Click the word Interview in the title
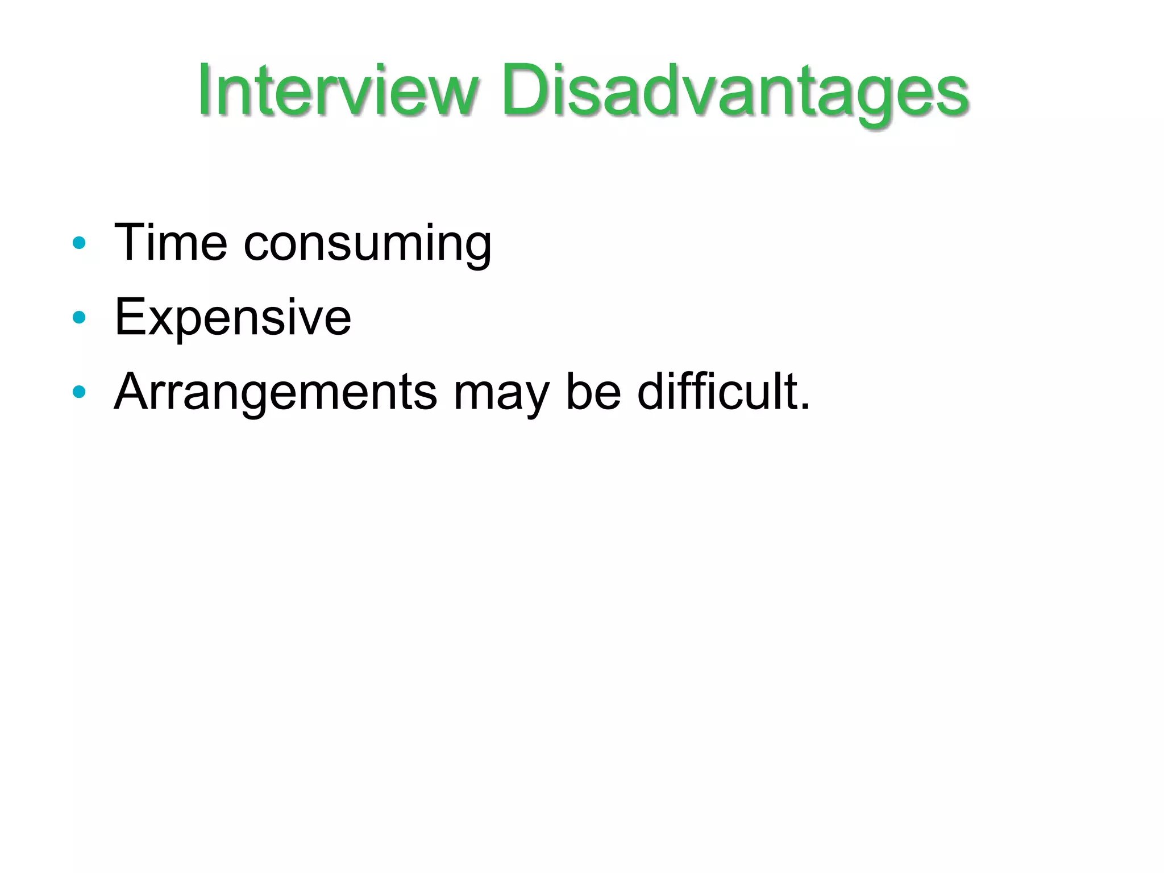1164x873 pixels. point(338,91)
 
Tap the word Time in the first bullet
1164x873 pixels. point(171,243)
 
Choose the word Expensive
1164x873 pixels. point(232,318)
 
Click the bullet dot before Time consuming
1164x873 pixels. point(79,243)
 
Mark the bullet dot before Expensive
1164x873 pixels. point(79,317)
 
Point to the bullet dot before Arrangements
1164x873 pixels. point(79,392)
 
